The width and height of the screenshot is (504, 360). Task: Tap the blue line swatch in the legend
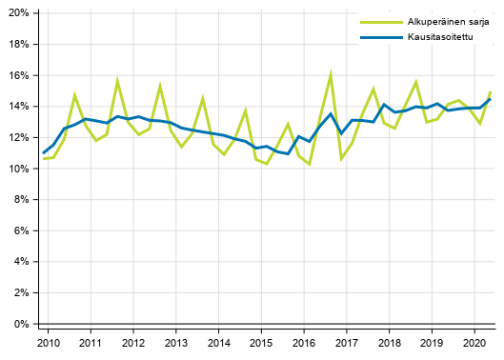tap(373, 38)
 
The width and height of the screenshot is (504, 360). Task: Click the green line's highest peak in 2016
tap(331, 72)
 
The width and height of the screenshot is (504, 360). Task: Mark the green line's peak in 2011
tap(117, 80)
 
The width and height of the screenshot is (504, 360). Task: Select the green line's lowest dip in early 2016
tap(310, 164)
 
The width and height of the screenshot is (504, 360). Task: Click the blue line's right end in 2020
tap(491, 99)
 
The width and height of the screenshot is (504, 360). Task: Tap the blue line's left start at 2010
tap(43, 153)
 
